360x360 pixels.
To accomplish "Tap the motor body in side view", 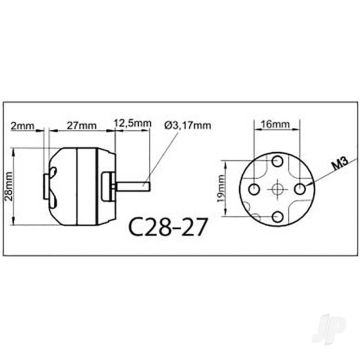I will [85, 184].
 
